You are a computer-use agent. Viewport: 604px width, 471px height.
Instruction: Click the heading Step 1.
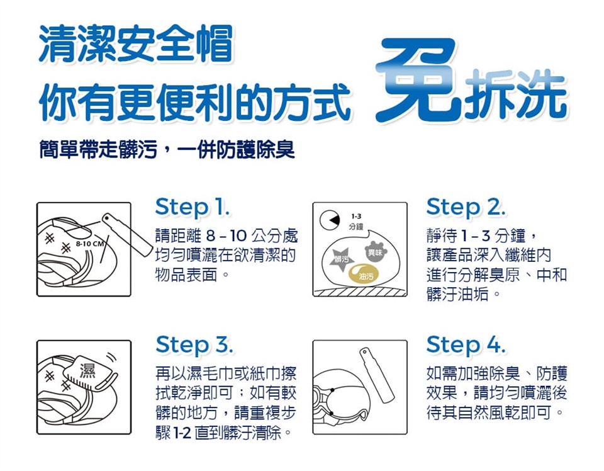pyautogui.click(x=193, y=208)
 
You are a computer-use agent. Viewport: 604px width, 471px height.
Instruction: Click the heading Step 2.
pyautogui.click(x=466, y=208)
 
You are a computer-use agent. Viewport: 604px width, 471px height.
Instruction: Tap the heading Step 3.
pyautogui.click(x=194, y=344)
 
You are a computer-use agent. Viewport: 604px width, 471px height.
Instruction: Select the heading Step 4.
pyautogui.click(x=466, y=344)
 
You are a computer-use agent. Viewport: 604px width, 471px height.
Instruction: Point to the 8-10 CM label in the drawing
pyautogui.click(x=90, y=244)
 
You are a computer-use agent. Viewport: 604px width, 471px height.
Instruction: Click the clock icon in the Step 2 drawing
pyautogui.click(x=330, y=220)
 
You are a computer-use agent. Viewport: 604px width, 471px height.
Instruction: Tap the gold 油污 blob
pyautogui.click(x=364, y=274)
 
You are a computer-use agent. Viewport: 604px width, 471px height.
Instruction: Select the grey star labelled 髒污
pyautogui.click(x=341, y=259)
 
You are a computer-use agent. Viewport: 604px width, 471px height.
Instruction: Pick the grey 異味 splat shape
pyautogui.click(x=375, y=252)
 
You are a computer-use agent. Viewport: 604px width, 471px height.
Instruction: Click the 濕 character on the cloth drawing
pyautogui.click(x=87, y=370)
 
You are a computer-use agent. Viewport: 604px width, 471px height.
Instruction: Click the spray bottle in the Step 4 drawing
pyautogui.click(x=377, y=375)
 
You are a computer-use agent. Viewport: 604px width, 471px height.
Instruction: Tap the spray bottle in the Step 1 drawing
pyautogui.click(x=126, y=234)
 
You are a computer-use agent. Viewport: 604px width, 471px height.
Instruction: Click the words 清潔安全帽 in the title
pyautogui.click(x=136, y=43)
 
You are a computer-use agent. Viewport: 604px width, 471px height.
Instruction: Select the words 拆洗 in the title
pyautogui.click(x=516, y=94)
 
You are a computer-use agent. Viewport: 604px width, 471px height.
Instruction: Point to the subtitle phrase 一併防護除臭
pyautogui.click(x=236, y=149)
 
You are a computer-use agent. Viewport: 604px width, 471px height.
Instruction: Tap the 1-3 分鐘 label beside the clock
pyautogui.click(x=356, y=222)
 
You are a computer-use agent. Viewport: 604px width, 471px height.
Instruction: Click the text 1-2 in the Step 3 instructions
pyautogui.click(x=182, y=433)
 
